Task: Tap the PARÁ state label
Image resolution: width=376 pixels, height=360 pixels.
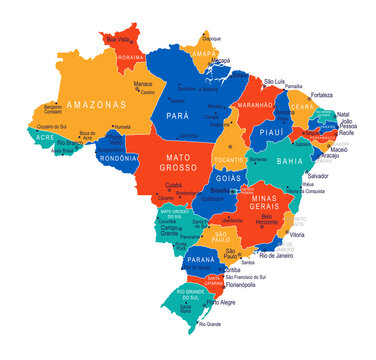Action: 192,116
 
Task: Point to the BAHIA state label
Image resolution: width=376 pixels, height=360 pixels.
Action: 290,161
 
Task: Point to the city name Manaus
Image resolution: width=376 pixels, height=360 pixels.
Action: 144,84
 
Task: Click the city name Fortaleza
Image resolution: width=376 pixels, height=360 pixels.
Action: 322,95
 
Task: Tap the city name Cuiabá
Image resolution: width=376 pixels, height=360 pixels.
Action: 174,185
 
